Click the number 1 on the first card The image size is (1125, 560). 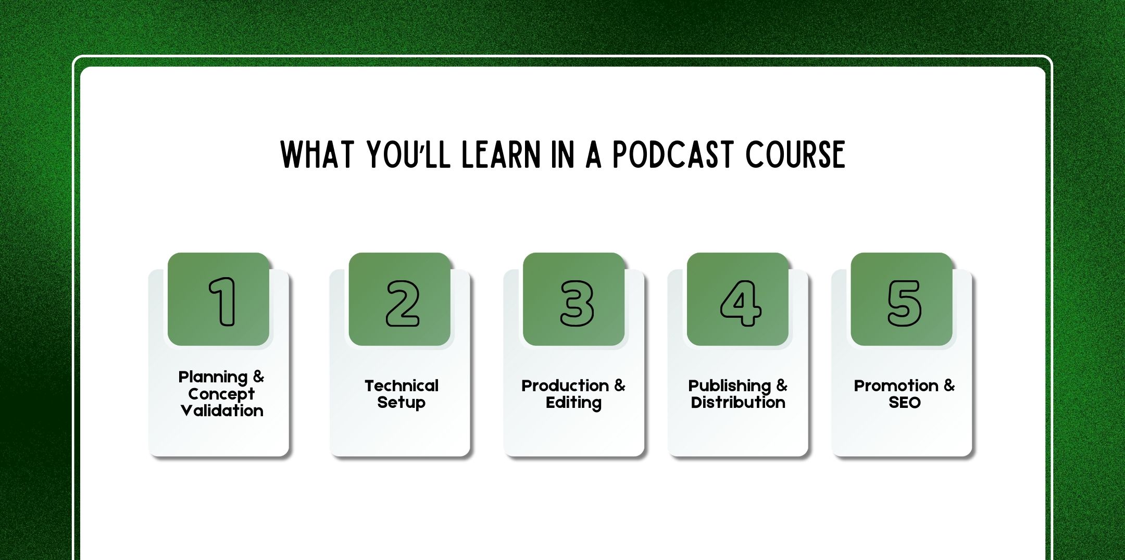[x=223, y=302]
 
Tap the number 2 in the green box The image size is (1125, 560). [x=402, y=303]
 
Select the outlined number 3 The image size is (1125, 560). [x=577, y=303]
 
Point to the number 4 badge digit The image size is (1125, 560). [x=740, y=303]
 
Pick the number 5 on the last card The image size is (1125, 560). [x=904, y=303]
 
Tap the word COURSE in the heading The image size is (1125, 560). [x=795, y=155]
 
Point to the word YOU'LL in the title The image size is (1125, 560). [x=408, y=155]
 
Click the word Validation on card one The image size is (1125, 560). [x=222, y=411]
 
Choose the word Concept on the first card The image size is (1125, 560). [x=221, y=394]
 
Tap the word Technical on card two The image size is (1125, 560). [x=402, y=386]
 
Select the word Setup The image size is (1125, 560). [x=401, y=403]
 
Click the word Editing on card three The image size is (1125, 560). [x=573, y=403]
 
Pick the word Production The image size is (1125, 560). [x=565, y=386]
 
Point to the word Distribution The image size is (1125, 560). [x=738, y=403]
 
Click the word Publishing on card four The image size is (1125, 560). [x=729, y=386]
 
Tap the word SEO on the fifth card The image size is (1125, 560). [x=904, y=403]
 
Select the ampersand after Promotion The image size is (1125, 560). [x=949, y=385]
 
